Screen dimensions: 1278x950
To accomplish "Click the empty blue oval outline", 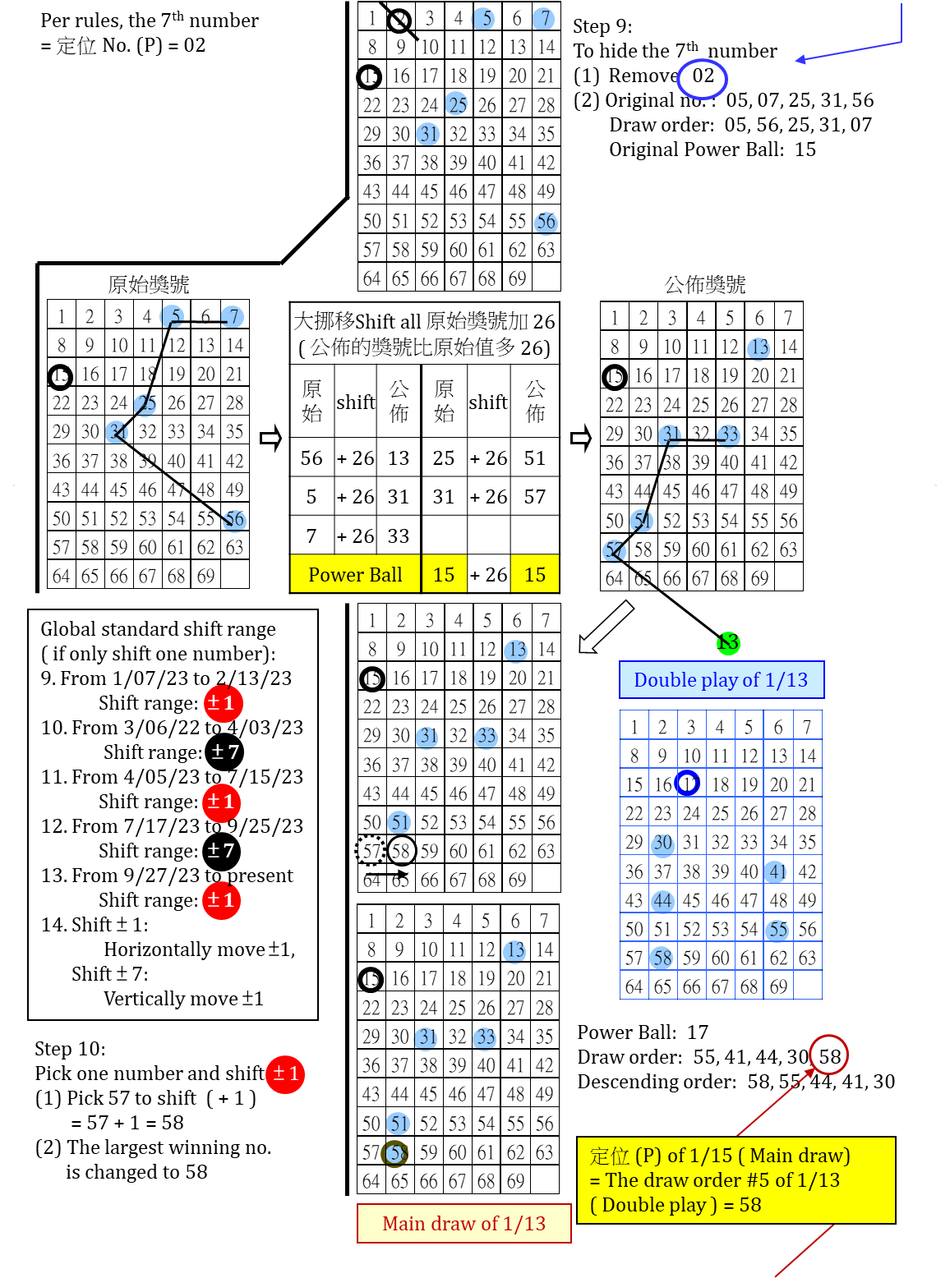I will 702,80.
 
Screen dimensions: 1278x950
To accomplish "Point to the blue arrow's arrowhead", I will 799,59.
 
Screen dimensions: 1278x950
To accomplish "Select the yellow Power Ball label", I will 355,574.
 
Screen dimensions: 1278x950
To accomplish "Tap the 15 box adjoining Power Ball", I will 444,574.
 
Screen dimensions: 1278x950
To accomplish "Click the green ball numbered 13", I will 728,643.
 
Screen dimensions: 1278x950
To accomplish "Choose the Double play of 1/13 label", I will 721,680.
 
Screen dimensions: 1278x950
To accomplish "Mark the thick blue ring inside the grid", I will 687,783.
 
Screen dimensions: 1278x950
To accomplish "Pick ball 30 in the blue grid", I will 662,844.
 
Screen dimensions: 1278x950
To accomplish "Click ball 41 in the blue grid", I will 776,871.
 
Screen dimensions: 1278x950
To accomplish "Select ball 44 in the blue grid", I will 662,901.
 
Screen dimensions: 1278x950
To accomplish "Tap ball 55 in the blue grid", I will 777,930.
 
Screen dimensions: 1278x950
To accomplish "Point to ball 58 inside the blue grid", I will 662,958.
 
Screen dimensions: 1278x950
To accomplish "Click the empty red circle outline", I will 828,1055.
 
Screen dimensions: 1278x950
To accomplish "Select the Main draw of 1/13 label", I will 463,1224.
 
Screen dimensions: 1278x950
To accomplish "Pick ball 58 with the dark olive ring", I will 394,1153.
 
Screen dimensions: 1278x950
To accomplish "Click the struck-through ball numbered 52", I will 614,550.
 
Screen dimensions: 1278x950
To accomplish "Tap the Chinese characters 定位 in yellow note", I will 609,1156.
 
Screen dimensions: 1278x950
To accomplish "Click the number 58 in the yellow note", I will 749,1205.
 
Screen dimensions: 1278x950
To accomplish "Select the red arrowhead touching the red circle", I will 810,1072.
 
